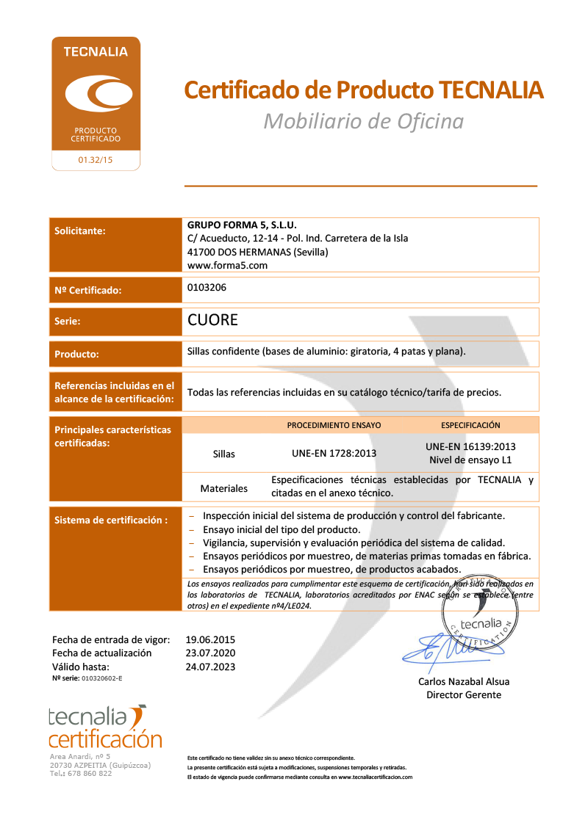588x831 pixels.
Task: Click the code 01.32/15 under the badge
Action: click(96, 159)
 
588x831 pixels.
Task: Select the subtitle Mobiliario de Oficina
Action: click(363, 121)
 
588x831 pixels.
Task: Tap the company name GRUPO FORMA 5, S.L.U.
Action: click(242, 225)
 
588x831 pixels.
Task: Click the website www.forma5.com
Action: click(227, 265)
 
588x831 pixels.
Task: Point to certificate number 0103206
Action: click(207, 288)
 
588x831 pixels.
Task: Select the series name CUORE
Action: click(213, 320)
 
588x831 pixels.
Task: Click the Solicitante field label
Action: click(80, 231)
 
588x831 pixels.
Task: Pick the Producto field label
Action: click(76, 354)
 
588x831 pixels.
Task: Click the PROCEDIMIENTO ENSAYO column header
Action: click(334, 425)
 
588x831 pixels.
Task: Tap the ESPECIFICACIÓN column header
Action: click(470, 425)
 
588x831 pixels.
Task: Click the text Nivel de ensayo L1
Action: click(470, 461)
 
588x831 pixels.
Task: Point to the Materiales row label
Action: click(224, 488)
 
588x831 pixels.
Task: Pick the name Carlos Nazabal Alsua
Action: click(464, 681)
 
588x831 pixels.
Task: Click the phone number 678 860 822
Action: click(91, 773)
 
